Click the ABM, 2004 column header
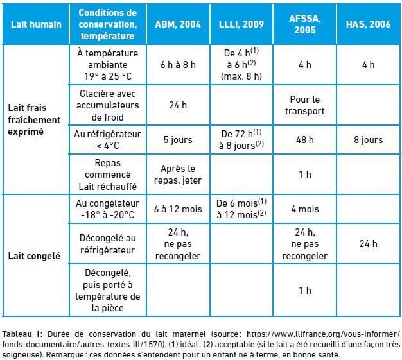[178, 24]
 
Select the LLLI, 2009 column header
[241, 24]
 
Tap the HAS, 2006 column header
[368, 24]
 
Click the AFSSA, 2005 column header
[305, 24]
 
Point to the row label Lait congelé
[34, 256]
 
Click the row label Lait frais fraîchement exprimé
[34, 119]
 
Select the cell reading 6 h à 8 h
[178, 65]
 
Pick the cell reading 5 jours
[178, 140]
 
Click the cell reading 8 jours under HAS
[368, 140]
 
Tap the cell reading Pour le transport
[305, 105]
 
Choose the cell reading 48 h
[305, 140]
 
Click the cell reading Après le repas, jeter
[178, 175]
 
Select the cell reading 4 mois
[305, 209]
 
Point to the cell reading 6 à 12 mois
[178, 209]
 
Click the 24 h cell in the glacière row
[178, 105]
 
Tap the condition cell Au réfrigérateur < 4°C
[108, 140]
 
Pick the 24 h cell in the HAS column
[368, 244]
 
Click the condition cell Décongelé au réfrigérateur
[108, 244]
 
